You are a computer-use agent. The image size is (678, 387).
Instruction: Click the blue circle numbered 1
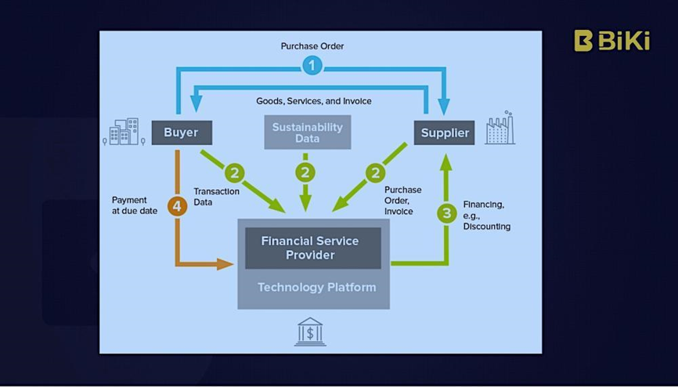pyautogui.click(x=312, y=66)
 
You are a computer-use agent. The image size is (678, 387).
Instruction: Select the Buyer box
pyautogui.click(x=181, y=132)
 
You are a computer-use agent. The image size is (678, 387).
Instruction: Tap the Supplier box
pyautogui.click(x=445, y=132)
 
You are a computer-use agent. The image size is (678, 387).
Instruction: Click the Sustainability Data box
pyautogui.click(x=307, y=132)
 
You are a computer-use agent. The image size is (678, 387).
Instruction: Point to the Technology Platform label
pyautogui.click(x=316, y=288)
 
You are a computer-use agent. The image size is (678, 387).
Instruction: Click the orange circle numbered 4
pyautogui.click(x=178, y=207)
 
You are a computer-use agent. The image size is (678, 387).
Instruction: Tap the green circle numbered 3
pyautogui.click(x=447, y=212)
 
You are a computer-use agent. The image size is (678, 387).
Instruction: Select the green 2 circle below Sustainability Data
pyautogui.click(x=305, y=172)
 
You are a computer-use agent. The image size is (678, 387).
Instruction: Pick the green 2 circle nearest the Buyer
pyautogui.click(x=233, y=172)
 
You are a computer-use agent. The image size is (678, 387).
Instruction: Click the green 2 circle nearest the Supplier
pyautogui.click(x=376, y=172)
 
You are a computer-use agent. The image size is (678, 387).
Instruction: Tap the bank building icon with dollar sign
pyautogui.click(x=310, y=331)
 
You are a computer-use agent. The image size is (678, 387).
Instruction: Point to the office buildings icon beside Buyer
pyautogui.click(x=124, y=132)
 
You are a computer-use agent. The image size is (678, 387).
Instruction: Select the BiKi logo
pyautogui.click(x=611, y=41)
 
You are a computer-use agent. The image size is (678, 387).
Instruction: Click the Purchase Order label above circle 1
pyautogui.click(x=312, y=46)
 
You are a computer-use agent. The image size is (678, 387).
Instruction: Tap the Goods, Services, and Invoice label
pyautogui.click(x=313, y=101)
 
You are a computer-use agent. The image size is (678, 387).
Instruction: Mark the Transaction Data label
pyautogui.click(x=216, y=197)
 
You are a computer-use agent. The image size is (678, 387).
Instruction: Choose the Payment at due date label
pyautogui.click(x=135, y=205)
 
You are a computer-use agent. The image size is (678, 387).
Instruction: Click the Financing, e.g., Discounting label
pyautogui.click(x=486, y=215)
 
